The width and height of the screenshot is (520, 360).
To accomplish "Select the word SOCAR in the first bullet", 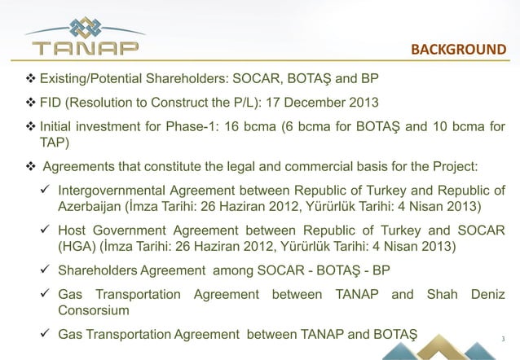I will [x=269, y=80].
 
